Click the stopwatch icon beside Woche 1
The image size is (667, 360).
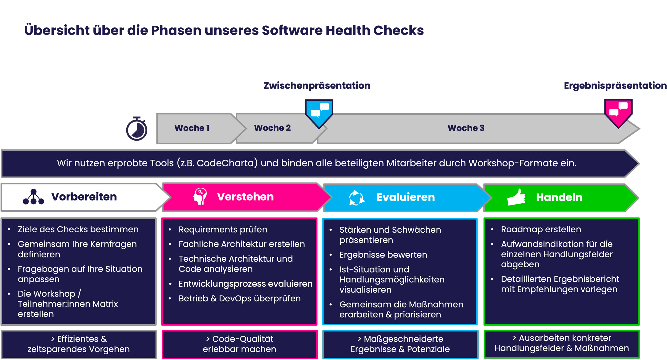click(137, 129)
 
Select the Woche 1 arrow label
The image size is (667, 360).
click(192, 128)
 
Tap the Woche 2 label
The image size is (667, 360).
click(272, 128)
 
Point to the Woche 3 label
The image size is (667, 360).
click(466, 128)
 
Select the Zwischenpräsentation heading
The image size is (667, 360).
click(317, 86)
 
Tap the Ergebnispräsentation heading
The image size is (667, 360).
click(615, 86)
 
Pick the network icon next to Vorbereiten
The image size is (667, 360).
click(33, 197)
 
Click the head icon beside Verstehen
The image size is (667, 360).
click(200, 196)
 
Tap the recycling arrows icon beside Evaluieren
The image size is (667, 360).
click(357, 197)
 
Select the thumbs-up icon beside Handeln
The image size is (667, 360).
click(516, 197)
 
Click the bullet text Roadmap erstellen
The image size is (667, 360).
click(541, 229)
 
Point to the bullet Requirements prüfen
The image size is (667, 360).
click(223, 230)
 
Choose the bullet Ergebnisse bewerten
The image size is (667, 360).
click(383, 255)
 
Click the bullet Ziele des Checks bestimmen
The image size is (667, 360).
click(78, 229)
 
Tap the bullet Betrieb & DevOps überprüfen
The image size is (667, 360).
click(239, 298)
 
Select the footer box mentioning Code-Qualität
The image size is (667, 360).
click(239, 344)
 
